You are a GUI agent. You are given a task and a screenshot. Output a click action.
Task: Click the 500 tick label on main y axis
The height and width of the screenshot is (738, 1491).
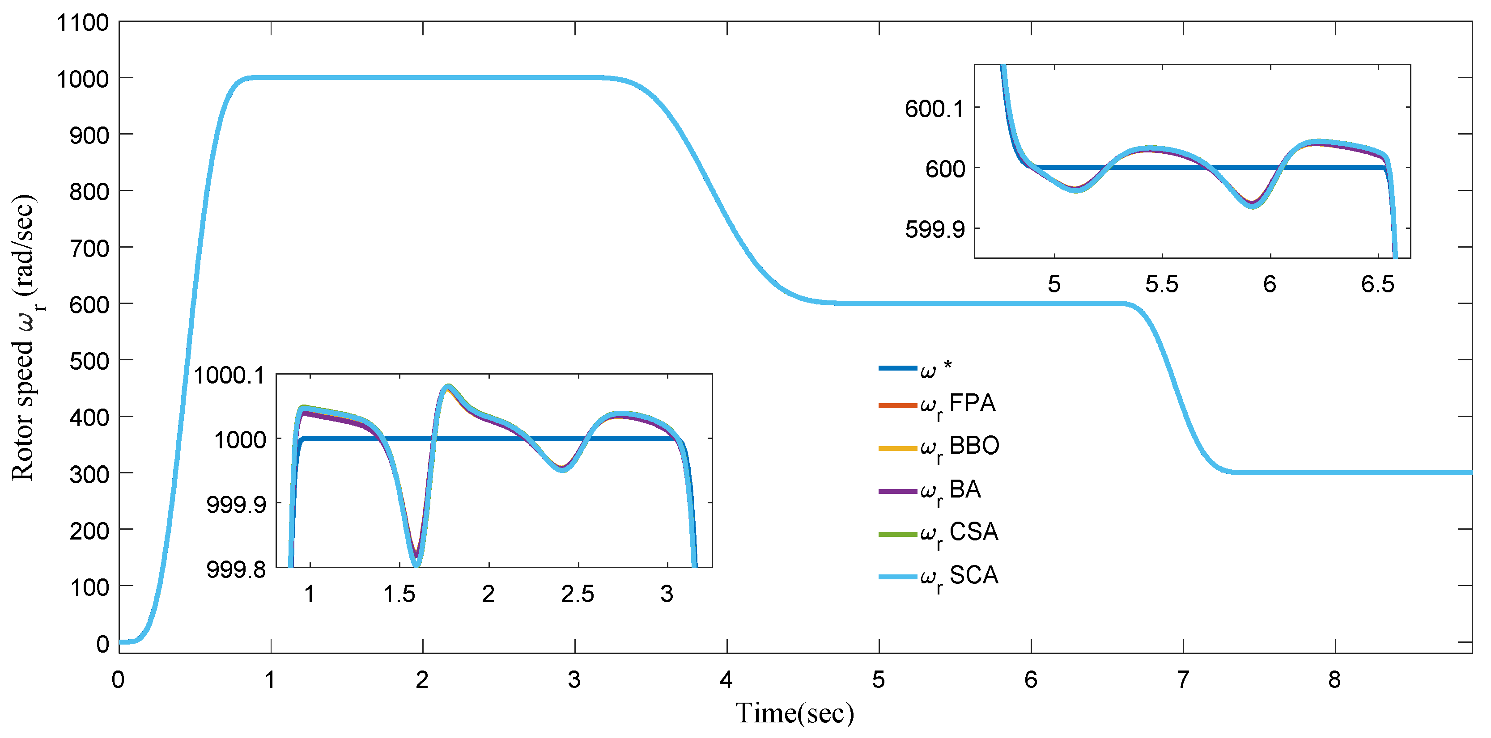[x=89, y=361]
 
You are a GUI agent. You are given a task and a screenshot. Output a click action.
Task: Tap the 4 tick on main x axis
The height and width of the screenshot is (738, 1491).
[x=726, y=679]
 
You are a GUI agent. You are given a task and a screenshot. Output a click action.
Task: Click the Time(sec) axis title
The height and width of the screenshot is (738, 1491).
[x=794, y=713]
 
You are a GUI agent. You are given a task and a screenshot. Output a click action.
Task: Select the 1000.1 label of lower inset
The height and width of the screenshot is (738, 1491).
[x=229, y=375]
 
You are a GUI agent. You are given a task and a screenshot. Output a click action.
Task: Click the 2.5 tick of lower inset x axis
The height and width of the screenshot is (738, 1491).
[x=578, y=594]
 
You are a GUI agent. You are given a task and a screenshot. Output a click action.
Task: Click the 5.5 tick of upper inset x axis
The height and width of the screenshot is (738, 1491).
[x=1162, y=284]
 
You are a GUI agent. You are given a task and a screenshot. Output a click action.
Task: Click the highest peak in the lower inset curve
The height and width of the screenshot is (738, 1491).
[x=447, y=386]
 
